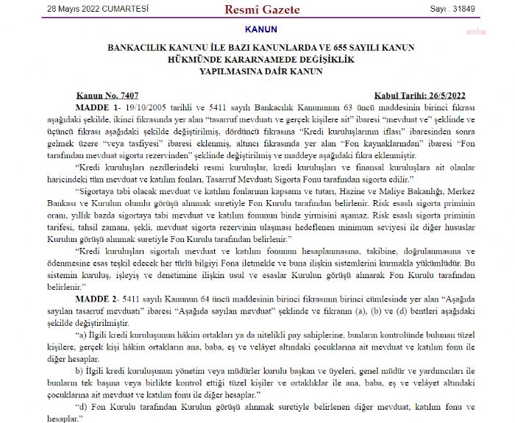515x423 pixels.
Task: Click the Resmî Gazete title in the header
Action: pos(257,10)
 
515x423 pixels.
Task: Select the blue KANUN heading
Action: pos(258,29)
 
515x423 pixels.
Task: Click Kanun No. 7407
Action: pos(107,96)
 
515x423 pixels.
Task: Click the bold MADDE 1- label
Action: pos(94,107)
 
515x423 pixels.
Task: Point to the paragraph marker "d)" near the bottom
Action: pos(82,406)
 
